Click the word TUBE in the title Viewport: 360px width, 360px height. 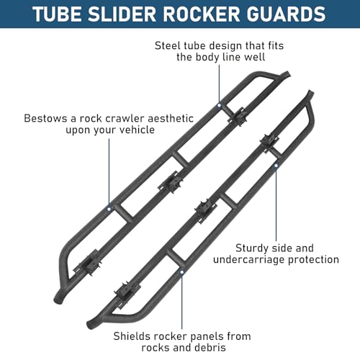(x=57, y=14)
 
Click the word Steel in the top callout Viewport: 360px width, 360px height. (x=168, y=45)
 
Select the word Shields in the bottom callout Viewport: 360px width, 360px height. (x=130, y=336)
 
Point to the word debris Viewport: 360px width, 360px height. (x=211, y=347)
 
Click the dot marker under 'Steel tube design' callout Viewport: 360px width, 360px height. (x=219, y=105)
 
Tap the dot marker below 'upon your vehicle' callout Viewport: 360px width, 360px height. (x=109, y=209)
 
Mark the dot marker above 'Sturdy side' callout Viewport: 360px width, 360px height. (x=276, y=166)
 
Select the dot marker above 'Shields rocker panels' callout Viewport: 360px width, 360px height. (x=182, y=272)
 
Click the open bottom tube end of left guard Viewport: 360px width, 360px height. (x=58, y=300)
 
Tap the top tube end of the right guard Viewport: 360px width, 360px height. (x=310, y=93)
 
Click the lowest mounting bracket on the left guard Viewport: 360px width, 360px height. (x=87, y=263)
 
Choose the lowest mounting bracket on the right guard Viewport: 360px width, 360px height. (x=127, y=294)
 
